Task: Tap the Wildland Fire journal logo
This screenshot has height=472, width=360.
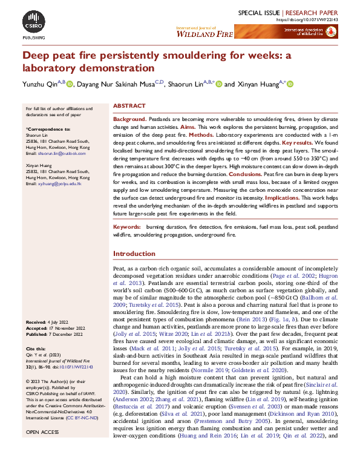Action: point(203,33)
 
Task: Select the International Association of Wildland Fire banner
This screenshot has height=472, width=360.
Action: point(309,32)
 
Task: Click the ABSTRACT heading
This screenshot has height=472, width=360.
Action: point(129,106)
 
